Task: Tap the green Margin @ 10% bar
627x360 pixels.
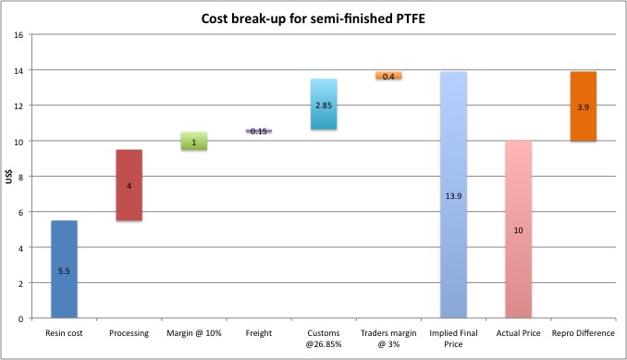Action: click(x=193, y=141)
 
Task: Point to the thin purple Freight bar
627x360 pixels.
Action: click(x=258, y=131)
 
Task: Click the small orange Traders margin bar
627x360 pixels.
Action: click(x=387, y=76)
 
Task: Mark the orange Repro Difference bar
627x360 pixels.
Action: click(x=583, y=106)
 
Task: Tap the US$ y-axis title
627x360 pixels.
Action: click(x=11, y=177)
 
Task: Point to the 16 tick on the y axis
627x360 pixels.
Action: click(x=19, y=35)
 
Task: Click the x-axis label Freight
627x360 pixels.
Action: click(x=258, y=333)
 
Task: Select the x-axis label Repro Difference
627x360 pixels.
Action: click(x=583, y=333)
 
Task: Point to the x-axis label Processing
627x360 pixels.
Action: click(x=129, y=333)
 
